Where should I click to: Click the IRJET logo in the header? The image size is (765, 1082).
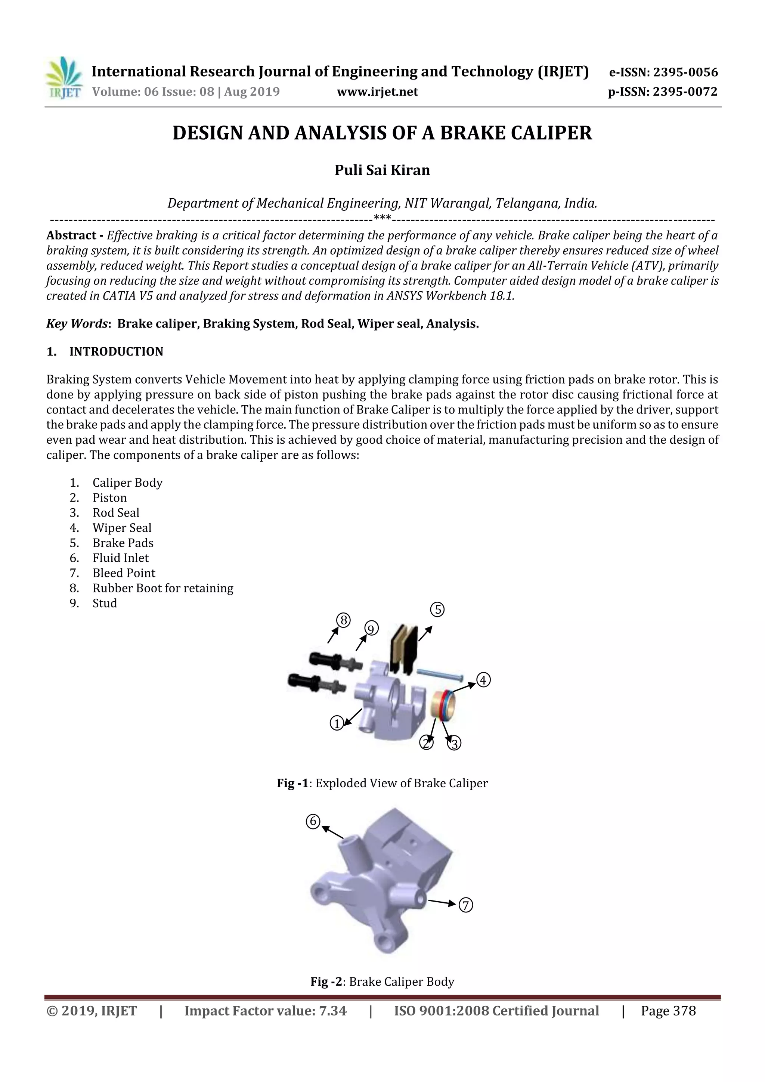point(64,78)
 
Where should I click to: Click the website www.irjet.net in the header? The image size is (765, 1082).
point(377,92)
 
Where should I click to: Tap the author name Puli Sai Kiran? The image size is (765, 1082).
point(382,170)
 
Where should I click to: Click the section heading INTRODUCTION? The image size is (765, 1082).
point(116,351)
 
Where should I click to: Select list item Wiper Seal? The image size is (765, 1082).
point(122,528)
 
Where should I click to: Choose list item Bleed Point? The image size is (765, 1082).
point(124,573)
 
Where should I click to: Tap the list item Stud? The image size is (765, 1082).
point(105,603)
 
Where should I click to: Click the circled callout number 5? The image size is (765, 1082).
point(437,609)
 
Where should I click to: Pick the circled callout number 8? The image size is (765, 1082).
point(343,620)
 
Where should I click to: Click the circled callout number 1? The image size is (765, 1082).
point(337,723)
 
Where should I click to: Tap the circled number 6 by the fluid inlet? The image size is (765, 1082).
point(313,821)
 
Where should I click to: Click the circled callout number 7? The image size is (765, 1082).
point(465,905)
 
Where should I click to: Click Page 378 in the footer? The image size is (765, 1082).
point(668,1010)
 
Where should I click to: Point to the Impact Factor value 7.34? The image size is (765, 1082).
point(332,1010)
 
